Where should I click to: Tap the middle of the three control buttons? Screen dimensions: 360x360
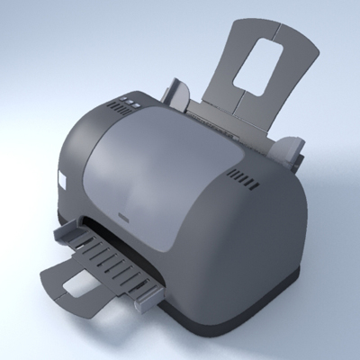click(x=129, y=103)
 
